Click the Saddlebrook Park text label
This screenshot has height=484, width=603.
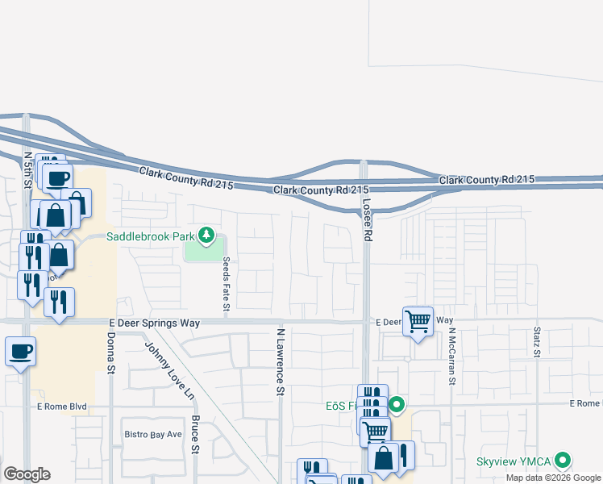152,236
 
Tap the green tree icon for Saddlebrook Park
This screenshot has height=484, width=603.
207,236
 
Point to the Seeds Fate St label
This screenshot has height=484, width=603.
227,285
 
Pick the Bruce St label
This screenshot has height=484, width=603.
196,435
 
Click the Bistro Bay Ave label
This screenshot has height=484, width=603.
153,435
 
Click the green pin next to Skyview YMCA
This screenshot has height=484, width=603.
563,461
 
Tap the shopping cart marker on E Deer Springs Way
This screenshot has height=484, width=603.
418,322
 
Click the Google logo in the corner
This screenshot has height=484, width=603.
27,474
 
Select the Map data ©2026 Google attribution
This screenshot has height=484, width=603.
553,478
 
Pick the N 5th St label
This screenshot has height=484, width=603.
27,172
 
